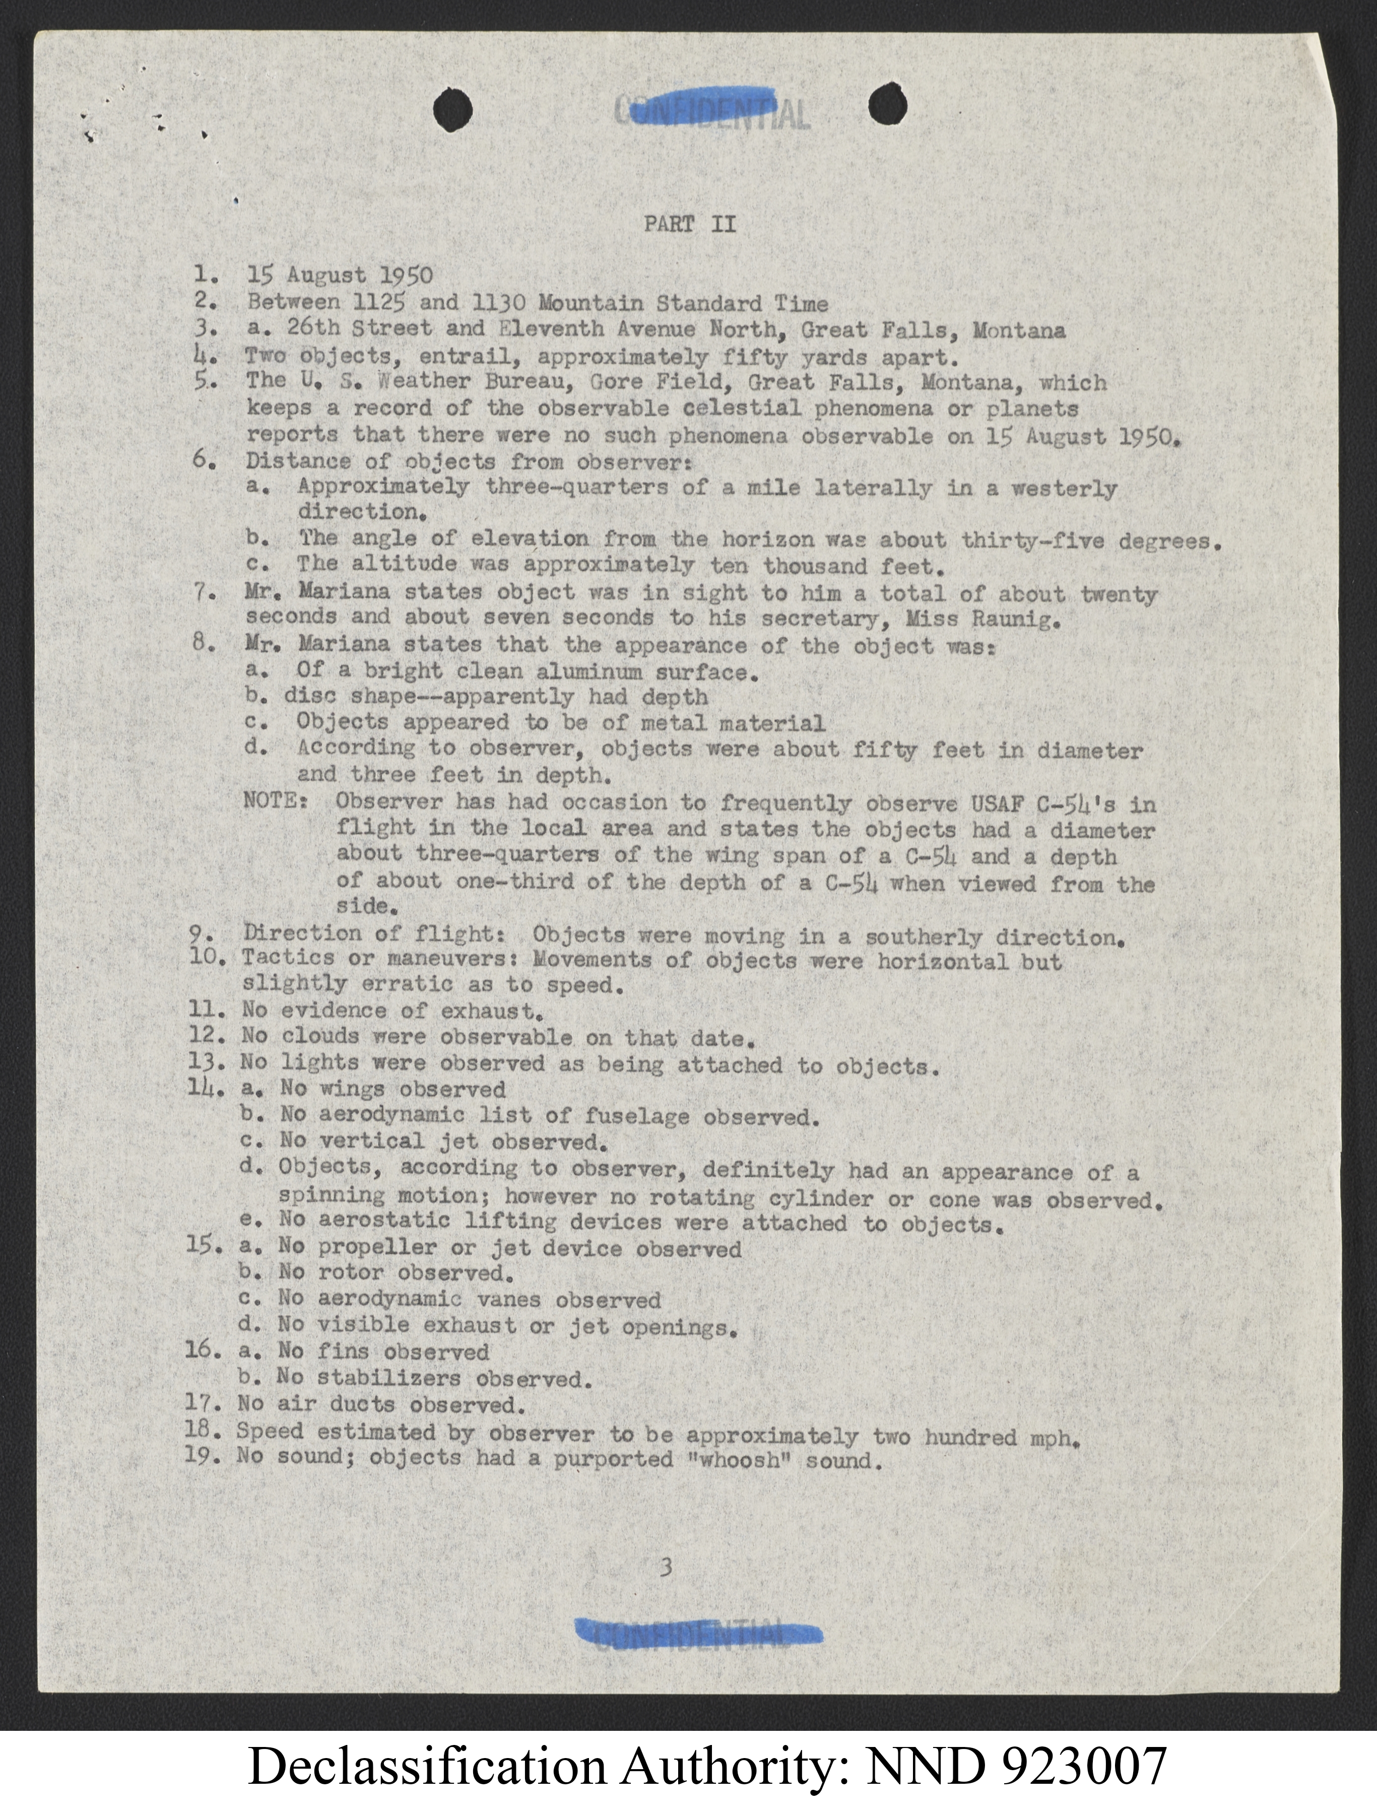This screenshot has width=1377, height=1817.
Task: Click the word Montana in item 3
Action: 1019,330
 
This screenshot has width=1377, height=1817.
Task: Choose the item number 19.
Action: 202,1458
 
